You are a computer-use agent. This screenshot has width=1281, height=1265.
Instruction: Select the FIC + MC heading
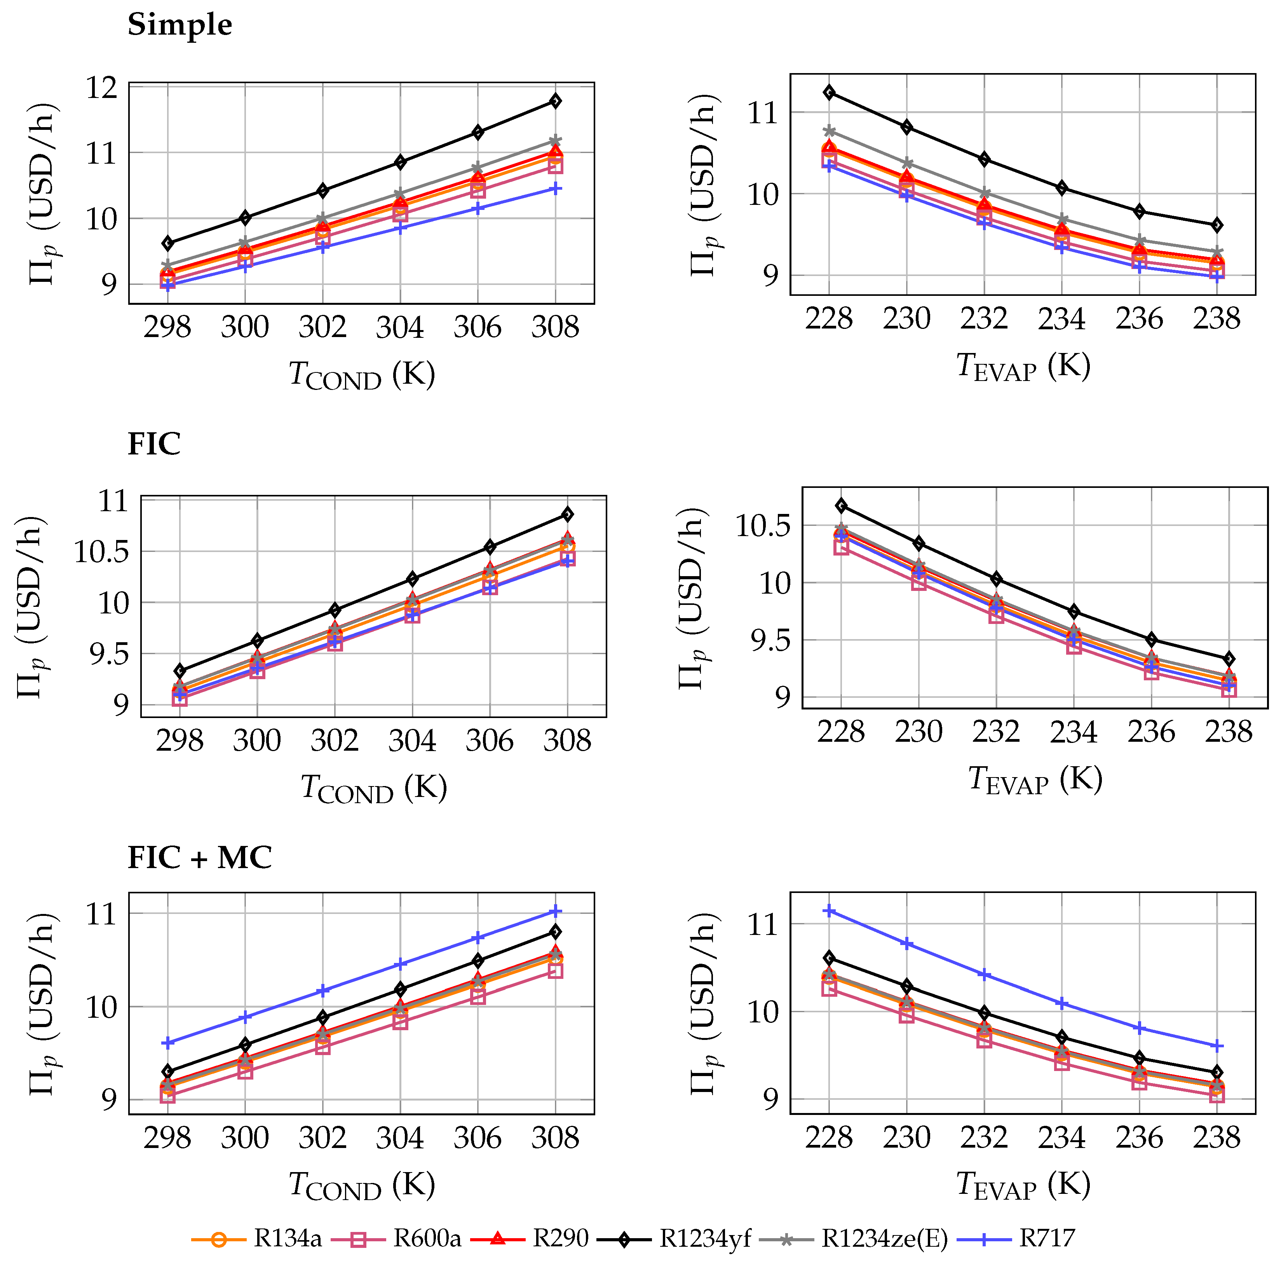click(x=200, y=858)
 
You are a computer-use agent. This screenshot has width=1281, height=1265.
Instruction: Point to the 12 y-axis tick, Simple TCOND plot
click(x=101, y=87)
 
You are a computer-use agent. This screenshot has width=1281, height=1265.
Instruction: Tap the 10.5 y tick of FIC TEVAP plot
click(x=763, y=526)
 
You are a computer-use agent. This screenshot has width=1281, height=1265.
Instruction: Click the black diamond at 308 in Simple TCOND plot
click(x=556, y=101)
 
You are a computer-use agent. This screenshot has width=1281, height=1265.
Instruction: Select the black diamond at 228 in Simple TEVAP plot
click(x=829, y=92)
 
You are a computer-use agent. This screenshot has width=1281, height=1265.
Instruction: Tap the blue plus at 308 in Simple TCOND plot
click(x=556, y=189)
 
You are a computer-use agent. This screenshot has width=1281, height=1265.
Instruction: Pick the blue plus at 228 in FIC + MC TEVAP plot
click(x=829, y=912)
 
